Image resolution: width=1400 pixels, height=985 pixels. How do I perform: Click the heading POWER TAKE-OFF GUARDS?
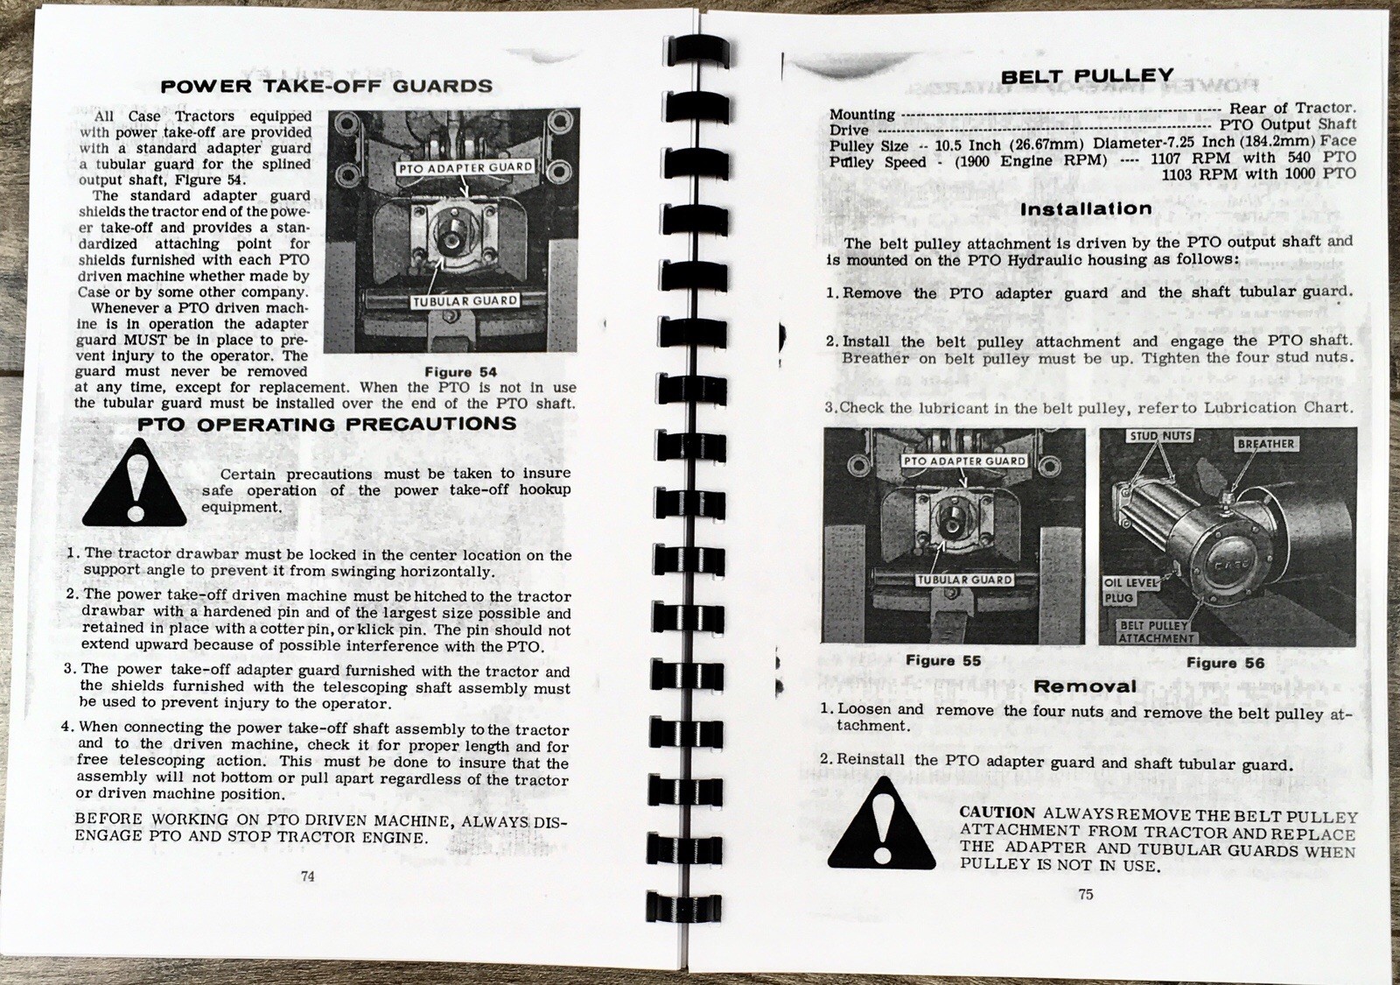(326, 86)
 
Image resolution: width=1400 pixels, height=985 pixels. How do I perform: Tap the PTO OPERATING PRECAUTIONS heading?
(327, 425)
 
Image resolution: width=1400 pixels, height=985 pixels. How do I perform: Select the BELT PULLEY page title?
(1087, 76)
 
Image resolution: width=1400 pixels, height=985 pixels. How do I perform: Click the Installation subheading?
(1086, 209)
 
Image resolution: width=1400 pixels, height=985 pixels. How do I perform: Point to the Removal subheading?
(1085, 686)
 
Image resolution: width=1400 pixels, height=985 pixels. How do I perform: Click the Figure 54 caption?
(460, 372)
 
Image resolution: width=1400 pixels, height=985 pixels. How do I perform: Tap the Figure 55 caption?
(943, 661)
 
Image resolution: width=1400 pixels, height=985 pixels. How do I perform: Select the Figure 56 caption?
(1225, 663)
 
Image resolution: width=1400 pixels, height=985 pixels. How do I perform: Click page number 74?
(308, 876)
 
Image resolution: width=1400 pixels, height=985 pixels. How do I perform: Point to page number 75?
(1085, 895)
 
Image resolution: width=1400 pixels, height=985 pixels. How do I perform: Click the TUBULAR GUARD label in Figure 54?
(465, 301)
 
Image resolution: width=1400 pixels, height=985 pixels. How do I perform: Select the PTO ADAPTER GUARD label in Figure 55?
(963, 461)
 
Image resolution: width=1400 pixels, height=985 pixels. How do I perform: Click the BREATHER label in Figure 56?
(1265, 444)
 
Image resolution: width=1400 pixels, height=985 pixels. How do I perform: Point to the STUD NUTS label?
(1161, 436)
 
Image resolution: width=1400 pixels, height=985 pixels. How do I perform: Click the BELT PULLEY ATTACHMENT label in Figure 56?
(1155, 632)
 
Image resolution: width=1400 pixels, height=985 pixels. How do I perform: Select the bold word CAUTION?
(997, 813)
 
